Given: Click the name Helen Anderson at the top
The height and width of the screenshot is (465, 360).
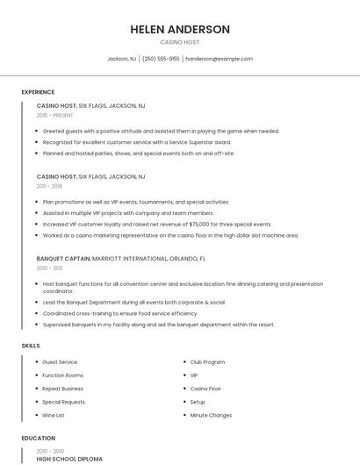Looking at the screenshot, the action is coord(180,29).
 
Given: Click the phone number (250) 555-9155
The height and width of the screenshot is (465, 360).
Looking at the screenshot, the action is coord(161,59).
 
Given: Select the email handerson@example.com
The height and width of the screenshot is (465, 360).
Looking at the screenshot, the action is coord(219,59).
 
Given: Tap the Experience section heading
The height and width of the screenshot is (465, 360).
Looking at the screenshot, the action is coord(38,92).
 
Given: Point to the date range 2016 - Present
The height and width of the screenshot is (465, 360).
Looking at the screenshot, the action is coord(54,115).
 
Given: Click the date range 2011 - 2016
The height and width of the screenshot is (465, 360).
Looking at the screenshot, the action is coord(49,186).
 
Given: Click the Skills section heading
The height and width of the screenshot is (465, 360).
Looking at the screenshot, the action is coord(31,346).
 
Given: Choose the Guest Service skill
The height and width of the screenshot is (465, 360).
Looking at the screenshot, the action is coord(60,361).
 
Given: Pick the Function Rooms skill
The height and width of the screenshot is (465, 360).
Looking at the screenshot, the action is coord(62,375).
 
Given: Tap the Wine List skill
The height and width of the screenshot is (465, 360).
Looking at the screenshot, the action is coord(54,415).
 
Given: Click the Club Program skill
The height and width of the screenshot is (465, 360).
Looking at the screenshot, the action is coord(207,361).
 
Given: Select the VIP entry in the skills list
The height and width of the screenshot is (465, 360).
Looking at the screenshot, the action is coord(194,375).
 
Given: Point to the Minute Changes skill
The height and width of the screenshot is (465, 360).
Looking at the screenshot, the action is coord(211,415).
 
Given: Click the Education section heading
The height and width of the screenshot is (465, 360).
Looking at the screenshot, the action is coord(38,438).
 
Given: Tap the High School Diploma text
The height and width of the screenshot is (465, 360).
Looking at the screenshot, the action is coord(69,459).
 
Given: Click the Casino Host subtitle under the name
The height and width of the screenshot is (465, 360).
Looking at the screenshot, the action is coord(180,42).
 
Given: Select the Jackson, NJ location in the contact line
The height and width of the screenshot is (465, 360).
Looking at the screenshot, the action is coord(121,59).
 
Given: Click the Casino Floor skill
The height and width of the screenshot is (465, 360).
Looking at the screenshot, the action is coord(205,388).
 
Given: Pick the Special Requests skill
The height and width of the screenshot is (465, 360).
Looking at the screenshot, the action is coord(63,402).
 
